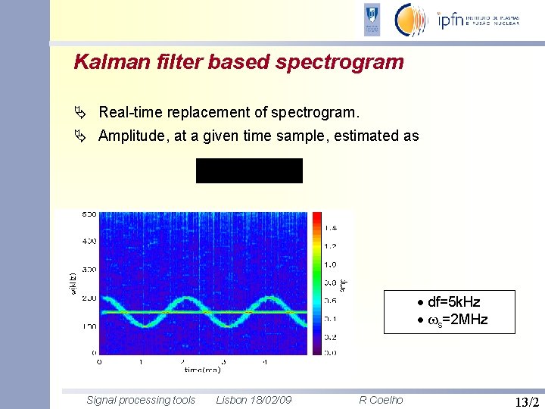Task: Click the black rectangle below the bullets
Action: click(x=249, y=170)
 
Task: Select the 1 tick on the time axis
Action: click(x=141, y=361)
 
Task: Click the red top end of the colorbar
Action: click(x=316, y=217)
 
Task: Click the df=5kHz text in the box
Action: click(x=453, y=302)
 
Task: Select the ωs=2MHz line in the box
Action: click(x=453, y=319)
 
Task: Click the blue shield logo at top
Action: click(x=372, y=20)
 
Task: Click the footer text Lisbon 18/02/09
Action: click(x=254, y=400)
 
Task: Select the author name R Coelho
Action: click(x=381, y=400)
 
